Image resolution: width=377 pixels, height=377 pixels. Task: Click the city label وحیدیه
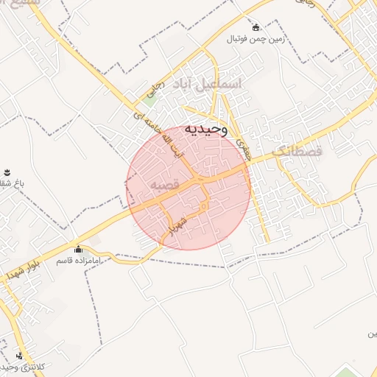207,130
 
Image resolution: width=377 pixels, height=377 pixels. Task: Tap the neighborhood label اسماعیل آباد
206,85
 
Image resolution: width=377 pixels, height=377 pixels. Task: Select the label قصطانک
297,151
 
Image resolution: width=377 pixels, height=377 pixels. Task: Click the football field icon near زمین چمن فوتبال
256,27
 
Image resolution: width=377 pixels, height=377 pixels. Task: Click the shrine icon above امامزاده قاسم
78,249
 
